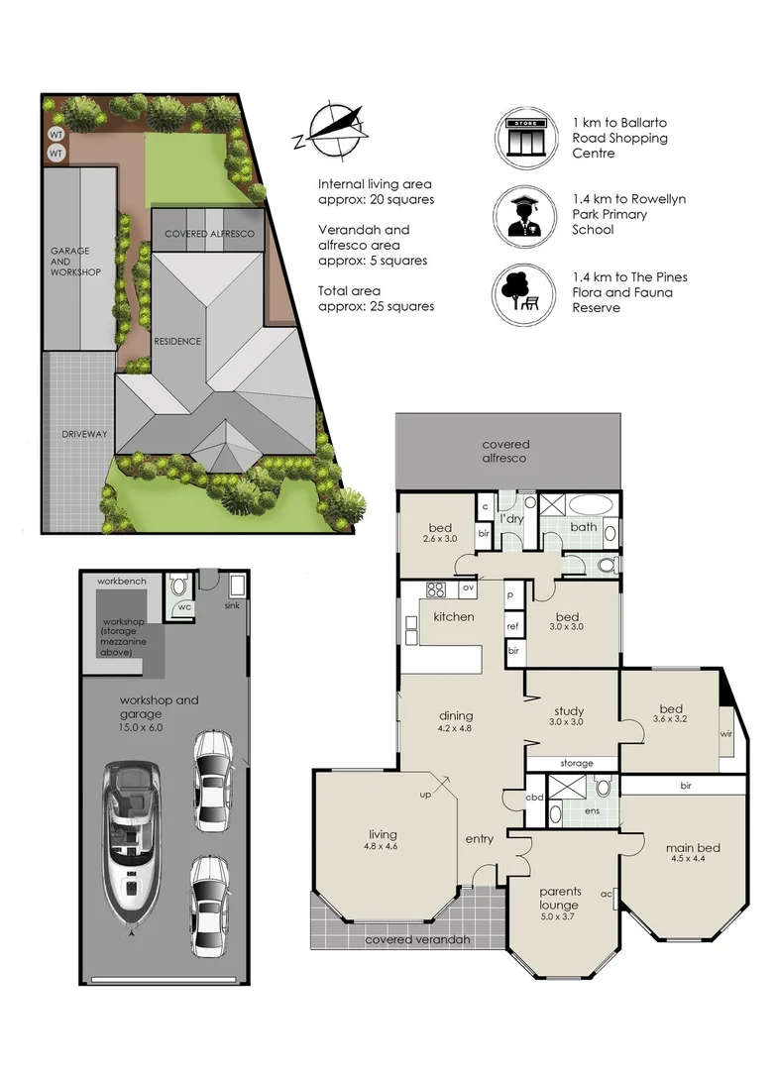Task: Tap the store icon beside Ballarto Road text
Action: pyautogui.click(x=525, y=137)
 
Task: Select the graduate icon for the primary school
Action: pyautogui.click(x=525, y=216)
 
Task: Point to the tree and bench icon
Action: pyautogui.click(x=523, y=293)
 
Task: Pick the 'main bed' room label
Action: pyautogui.click(x=693, y=848)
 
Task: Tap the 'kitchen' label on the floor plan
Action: pyautogui.click(x=453, y=617)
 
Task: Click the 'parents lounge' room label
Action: pyautogui.click(x=559, y=898)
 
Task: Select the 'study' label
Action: pyautogui.click(x=569, y=711)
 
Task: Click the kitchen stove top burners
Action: pyautogui.click(x=436, y=588)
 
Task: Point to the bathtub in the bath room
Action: pyautogui.click(x=593, y=505)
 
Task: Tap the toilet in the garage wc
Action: pyautogui.click(x=179, y=585)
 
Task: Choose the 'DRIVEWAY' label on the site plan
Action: pyautogui.click(x=84, y=434)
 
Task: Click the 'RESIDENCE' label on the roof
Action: pyautogui.click(x=177, y=341)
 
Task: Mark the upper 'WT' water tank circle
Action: pyautogui.click(x=55, y=135)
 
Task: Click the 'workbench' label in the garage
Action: pyautogui.click(x=122, y=582)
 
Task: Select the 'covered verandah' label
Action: pyautogui.click(x=418, y=939)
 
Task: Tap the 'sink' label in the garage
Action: pyautogui.click(x=232, y=605)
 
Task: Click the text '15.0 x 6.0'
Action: pyautogui.click(x=142, y=727)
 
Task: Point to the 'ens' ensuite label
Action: pyautogui.click(x=592, y=810)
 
